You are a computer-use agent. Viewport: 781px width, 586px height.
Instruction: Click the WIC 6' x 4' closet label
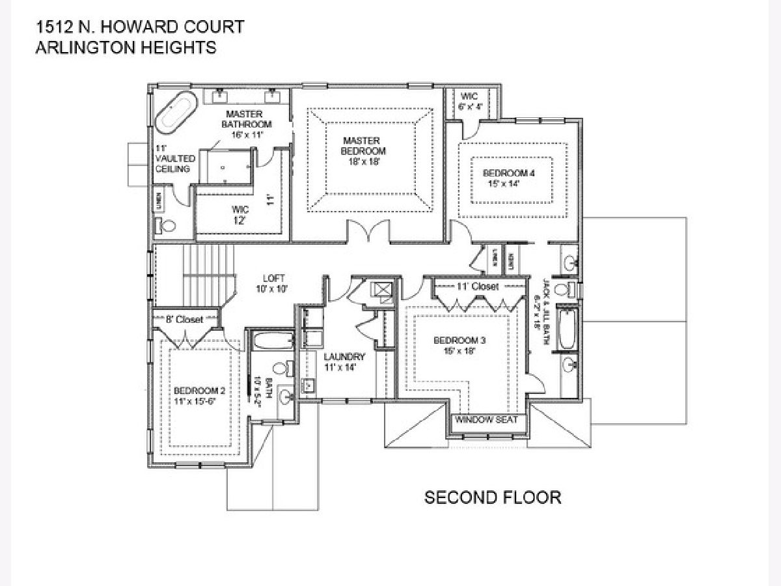tap(470, 102)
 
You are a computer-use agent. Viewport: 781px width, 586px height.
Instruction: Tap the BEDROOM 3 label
tap(459, 345)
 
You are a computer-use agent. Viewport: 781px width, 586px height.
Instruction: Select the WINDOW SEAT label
tap(486, 419)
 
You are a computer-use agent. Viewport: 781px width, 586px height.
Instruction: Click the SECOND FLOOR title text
tap(493, 497)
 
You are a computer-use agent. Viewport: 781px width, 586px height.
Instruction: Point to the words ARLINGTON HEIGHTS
tap(126, 48)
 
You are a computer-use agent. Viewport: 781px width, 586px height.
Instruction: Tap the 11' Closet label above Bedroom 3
tap(478, 286)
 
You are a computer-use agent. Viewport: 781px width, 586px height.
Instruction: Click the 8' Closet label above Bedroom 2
tap(185, 319)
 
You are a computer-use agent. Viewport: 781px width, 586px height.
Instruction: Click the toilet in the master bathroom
tap(166, 225)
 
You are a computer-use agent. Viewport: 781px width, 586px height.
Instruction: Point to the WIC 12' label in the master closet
tap(240, 215)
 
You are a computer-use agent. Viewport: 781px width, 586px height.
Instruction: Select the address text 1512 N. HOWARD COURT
tap(139, 27)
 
